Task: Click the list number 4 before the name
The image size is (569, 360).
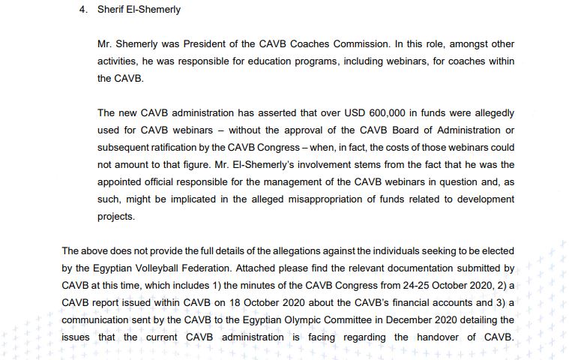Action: click(x=83, y=10)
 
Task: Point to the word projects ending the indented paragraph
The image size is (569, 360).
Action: click(x=115, y=216)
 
